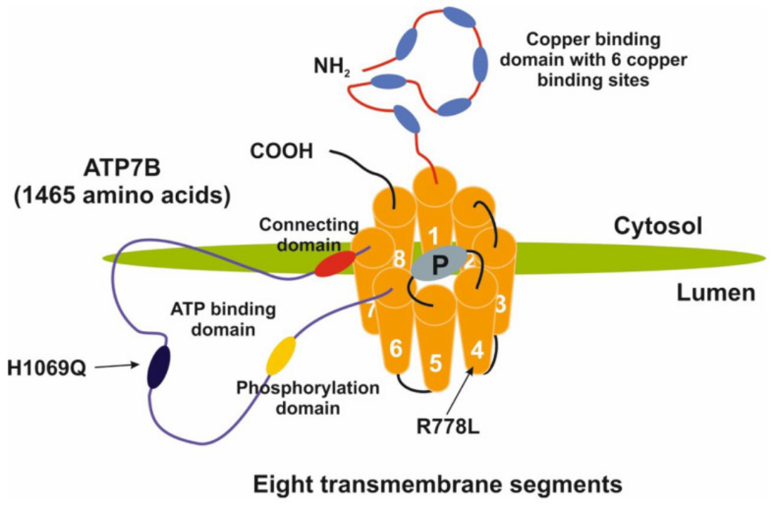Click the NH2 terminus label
(x=332, y=69)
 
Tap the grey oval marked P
(x=439, y=264)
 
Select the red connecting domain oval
(x=334, y=263)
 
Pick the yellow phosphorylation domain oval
(x=280, y=356)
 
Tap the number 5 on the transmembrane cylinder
(x=435, y=363)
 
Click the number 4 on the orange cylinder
(x=477, y=349)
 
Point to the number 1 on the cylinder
(x=434, y=233)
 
